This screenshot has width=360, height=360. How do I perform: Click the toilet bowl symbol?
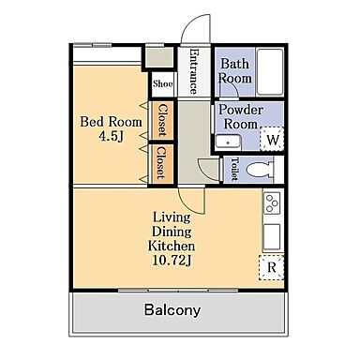pos(260,171)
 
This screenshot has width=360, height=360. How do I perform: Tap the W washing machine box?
pos(272,139)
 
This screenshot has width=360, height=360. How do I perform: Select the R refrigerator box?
pos(272,267)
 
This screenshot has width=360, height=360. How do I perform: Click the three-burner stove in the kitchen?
pos(272,203)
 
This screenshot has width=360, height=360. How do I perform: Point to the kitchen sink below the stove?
pos(272,237)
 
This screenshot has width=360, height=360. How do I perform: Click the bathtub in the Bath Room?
pos(270,72)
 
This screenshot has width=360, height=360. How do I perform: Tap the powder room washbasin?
pos(228,142)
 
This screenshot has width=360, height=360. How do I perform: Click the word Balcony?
pos(172,310)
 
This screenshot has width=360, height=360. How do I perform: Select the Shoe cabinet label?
pos(162,83)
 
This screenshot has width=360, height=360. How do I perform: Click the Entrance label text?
pos(194,71)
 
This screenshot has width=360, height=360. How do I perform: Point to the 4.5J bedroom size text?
pos(111,136)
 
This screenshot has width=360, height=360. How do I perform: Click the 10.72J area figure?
pos(172,261)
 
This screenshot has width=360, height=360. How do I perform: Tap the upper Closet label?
pos(162,120)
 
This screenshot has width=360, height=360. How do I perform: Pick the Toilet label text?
pos(234,169)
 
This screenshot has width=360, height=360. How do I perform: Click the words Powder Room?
pos(240,117)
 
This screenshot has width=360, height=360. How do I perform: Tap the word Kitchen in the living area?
pos(172,246)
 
